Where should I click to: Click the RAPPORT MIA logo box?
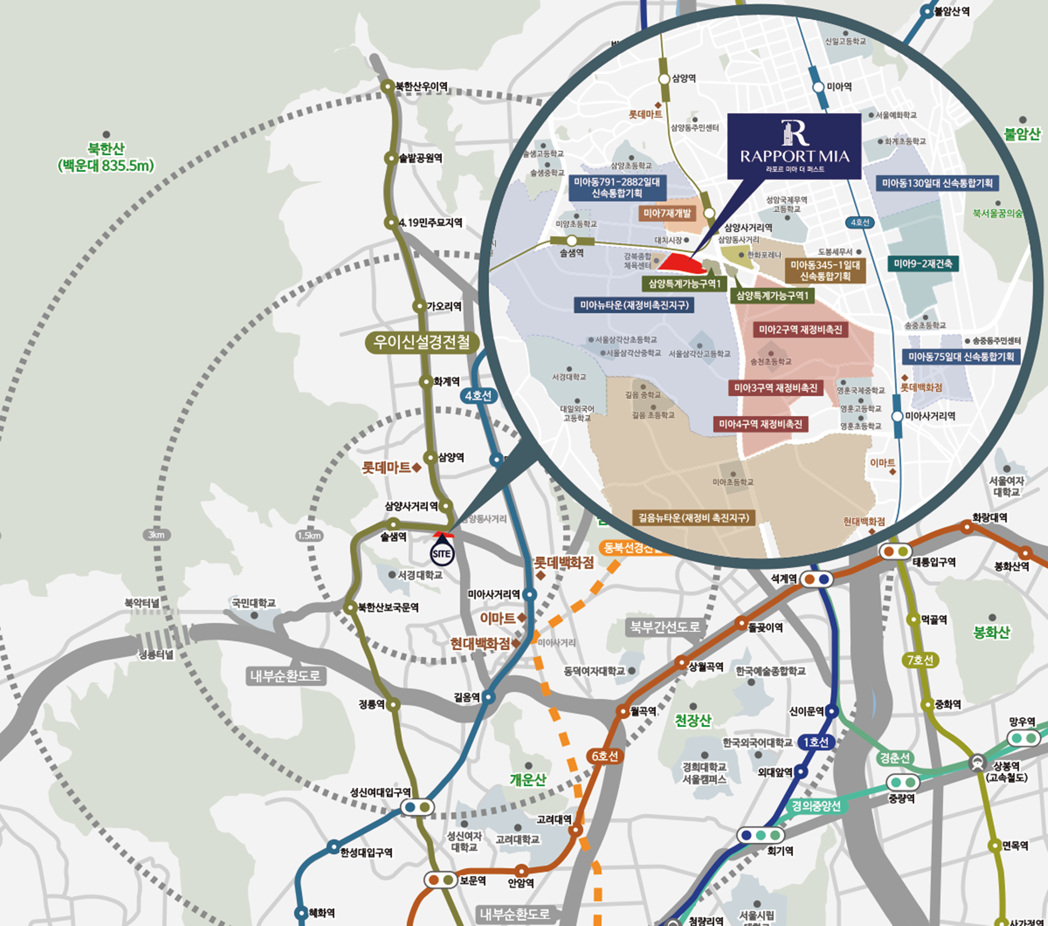coord(794,146)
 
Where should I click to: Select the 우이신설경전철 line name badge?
coord(421,342)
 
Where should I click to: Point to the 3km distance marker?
coord(156,535)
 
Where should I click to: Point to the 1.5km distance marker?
coord(309,535)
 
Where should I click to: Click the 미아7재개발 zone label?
coord(667,213)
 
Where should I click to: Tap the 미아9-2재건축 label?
coord(923,263)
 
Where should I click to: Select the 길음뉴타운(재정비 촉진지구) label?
coord(693,518)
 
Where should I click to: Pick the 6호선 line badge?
coord(605,756)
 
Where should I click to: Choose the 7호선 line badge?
coord(919,660)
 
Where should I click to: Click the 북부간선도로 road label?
coord(665,627)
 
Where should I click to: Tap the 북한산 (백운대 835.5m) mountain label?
coord(106,157)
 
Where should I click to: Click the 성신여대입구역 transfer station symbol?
coord(417,807)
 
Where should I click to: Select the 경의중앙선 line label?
coord(816,806)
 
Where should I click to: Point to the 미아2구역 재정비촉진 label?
coord(800,330)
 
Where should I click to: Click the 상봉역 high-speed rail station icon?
coord(977,764)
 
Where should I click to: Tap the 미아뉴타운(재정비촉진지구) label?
coord(634,305)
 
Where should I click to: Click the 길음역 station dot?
coord(489,697)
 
